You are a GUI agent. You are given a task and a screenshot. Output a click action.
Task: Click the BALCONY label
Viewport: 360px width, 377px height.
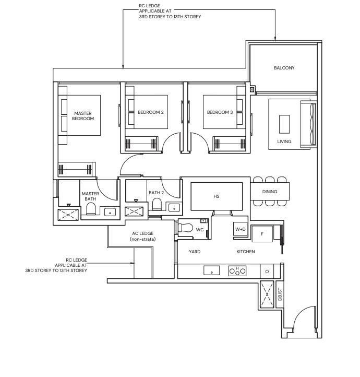284,68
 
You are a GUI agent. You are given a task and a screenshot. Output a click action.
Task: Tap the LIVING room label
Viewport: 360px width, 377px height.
284,142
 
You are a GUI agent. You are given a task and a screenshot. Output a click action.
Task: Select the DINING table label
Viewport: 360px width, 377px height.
270,192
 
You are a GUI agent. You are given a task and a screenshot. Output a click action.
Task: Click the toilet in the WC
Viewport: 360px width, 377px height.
186,228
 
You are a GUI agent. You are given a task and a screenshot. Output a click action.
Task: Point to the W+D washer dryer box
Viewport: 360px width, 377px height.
241,229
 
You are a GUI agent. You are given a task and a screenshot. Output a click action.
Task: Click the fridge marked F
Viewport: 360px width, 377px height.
262,234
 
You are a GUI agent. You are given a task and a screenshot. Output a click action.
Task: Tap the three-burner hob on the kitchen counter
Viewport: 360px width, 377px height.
237,270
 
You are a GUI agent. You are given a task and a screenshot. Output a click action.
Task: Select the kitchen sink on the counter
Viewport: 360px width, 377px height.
212,270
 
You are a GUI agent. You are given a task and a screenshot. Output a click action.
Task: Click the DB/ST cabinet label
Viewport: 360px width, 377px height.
280,294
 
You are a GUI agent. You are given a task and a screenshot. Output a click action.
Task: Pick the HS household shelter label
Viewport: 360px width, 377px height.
217,196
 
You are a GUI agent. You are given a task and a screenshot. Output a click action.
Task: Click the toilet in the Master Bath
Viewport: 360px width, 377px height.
91,208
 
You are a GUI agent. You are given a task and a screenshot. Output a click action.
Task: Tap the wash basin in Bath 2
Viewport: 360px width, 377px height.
174,208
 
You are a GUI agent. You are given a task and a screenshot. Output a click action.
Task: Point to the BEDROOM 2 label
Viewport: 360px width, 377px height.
151,112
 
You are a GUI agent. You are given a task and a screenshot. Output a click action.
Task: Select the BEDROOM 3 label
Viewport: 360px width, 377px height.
220,112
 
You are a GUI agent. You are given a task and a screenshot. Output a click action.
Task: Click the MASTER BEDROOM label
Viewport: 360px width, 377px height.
83,116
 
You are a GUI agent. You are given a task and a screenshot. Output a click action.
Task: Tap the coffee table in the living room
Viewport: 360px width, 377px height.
284,124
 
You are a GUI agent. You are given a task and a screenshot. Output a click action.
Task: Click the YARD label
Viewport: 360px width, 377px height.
195,252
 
